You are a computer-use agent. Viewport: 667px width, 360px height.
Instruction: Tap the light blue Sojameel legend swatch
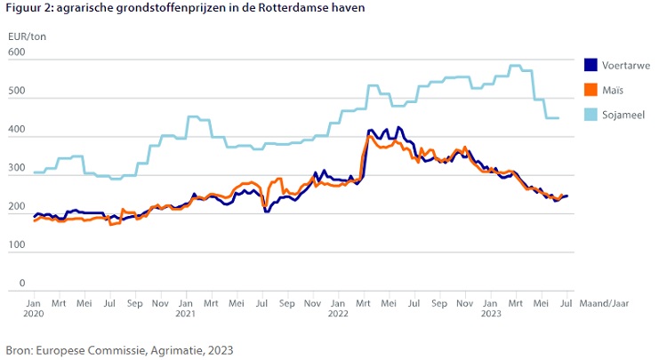coord(591,114)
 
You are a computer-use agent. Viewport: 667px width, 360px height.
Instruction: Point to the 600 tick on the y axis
coord(17,53)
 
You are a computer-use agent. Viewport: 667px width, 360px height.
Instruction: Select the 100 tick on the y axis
coord(17,246)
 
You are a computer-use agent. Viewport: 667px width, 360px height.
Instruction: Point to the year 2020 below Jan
coord(34,314)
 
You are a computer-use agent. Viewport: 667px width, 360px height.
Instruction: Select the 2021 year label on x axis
coord(186,314)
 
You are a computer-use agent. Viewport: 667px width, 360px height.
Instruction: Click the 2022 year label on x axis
coord(338,314)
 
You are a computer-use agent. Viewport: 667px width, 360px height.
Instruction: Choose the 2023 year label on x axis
coord(490,314)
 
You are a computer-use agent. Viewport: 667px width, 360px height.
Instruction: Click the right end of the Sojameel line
coord(559,118)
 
